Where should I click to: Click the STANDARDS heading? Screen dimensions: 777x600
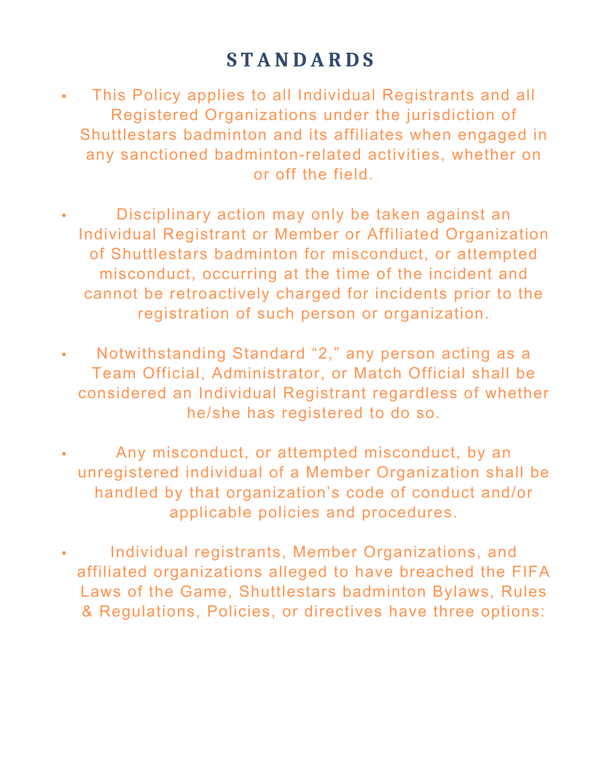click(300, 60)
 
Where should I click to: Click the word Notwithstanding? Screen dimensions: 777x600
click(161, 354)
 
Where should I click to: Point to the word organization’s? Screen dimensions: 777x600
click(280, 492)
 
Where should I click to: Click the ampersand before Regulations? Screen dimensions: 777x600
click(87, 611)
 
